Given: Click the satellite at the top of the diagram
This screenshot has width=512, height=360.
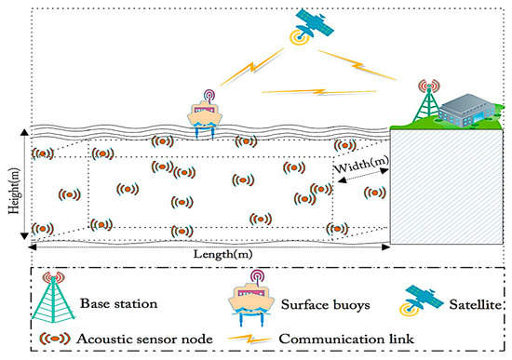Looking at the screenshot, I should click(314, 24).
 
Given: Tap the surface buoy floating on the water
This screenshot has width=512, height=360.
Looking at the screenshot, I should click(213, 115).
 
